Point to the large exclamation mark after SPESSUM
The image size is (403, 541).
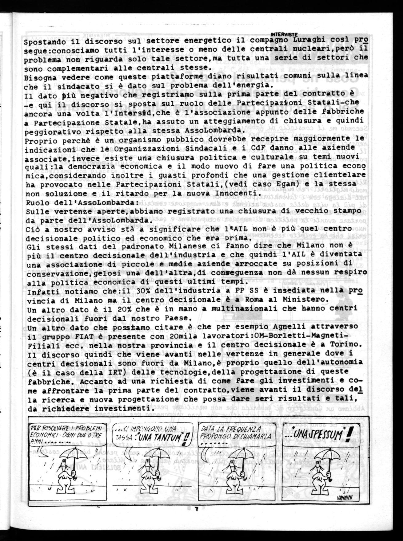point(348,434)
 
